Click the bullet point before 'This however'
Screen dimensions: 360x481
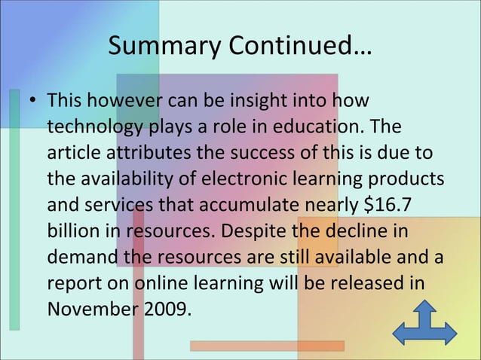coord(33,102)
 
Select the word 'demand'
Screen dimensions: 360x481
coord(82,258)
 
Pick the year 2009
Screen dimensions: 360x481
coord(161,310)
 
